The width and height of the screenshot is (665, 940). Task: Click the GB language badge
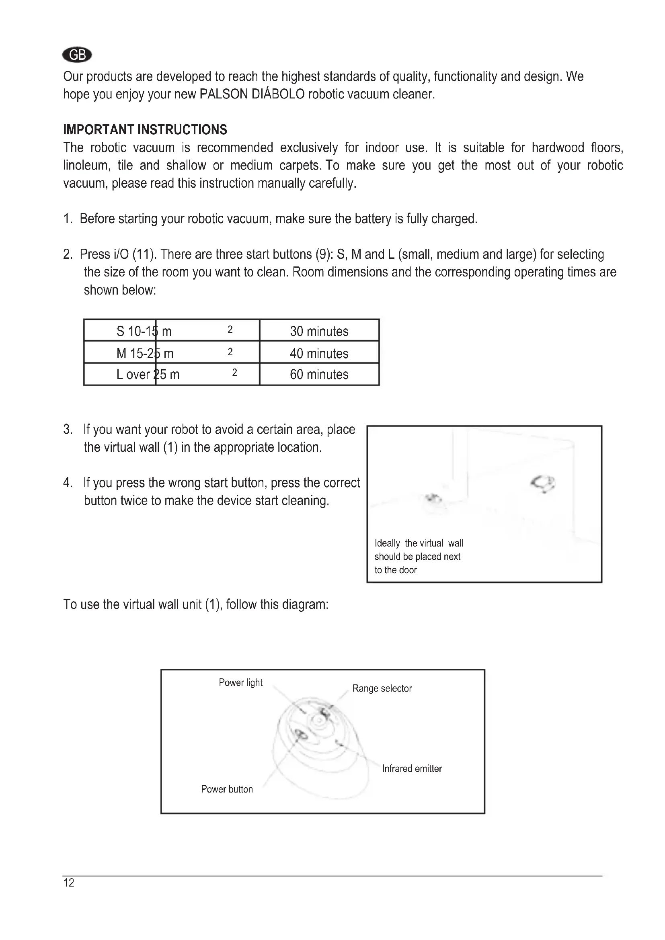77,54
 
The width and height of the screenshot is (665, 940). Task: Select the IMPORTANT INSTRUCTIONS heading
145,130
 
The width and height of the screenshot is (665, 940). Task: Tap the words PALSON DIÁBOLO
252,94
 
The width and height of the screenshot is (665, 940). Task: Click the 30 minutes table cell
319,331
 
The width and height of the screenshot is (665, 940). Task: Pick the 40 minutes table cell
319,353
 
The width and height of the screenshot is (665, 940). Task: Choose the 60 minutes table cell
319,374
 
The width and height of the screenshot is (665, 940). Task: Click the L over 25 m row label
148,374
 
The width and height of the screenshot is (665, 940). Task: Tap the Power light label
240,682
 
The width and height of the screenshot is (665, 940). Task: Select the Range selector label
382,688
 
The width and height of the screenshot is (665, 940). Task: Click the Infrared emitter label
412,768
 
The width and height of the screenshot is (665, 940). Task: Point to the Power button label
227,789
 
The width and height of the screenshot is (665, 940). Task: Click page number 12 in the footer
69,883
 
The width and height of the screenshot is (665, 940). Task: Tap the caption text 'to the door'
396,570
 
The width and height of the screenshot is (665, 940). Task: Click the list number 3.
68,430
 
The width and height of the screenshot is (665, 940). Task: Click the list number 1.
67,219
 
